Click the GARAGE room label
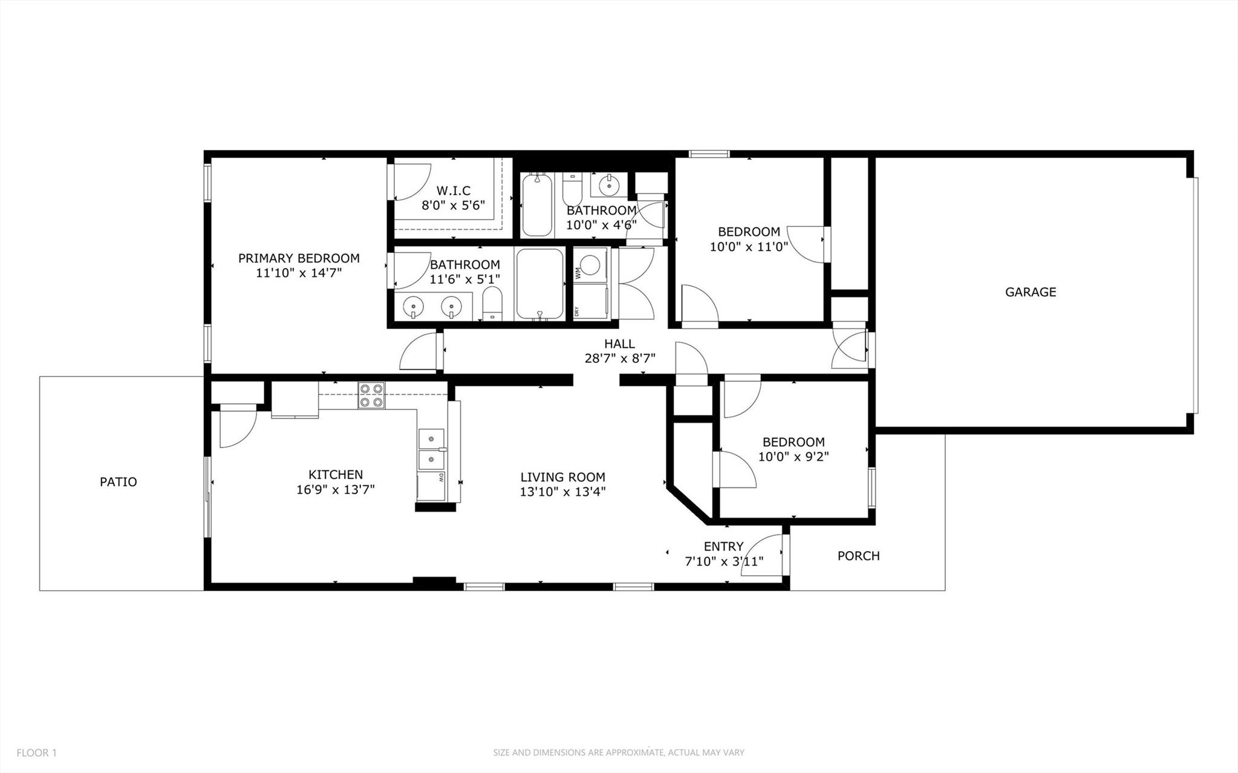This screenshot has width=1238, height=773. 1031,292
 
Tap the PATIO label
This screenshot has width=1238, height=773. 119,482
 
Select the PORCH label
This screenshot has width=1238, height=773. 858,556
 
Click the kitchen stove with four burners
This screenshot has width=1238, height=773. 371,396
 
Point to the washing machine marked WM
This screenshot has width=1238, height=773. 591,265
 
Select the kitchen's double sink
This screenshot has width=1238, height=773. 431,449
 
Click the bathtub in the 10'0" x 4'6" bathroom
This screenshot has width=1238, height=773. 537,206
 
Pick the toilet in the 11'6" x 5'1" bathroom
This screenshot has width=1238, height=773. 493,302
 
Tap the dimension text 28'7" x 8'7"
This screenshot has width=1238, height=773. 620,358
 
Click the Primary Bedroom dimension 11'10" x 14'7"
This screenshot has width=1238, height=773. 299,273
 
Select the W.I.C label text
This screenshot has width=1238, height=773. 453,191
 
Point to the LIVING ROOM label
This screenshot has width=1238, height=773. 562,477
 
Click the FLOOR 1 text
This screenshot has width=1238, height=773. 36,753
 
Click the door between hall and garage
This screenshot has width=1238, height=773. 850,349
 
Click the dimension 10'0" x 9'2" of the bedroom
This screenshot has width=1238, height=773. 793,457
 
